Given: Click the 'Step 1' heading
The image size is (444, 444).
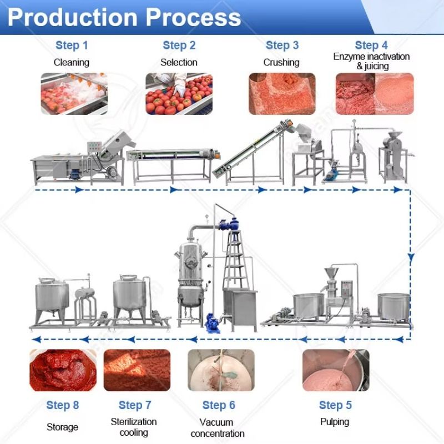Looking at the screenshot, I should click(72, 46).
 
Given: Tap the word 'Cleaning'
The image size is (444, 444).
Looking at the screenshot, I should click(71, 62).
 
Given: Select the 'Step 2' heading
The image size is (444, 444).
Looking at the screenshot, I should click(179, 46).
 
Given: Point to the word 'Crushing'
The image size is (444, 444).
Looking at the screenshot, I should click(281, 62).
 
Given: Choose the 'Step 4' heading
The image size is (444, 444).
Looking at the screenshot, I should click(371, 46).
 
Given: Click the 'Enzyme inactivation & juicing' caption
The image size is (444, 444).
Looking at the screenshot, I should click(371, 61).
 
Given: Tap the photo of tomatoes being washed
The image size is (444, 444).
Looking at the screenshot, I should click(74, 93).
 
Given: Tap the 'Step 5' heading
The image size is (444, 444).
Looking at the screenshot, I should click(335, 405).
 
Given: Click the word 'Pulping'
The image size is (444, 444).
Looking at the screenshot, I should click(335, 422).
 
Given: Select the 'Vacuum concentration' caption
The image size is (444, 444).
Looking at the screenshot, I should click(218, 428).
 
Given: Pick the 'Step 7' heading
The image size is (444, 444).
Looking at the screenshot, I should click(135, 405).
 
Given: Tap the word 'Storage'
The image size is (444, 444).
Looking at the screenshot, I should click(62, 427).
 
